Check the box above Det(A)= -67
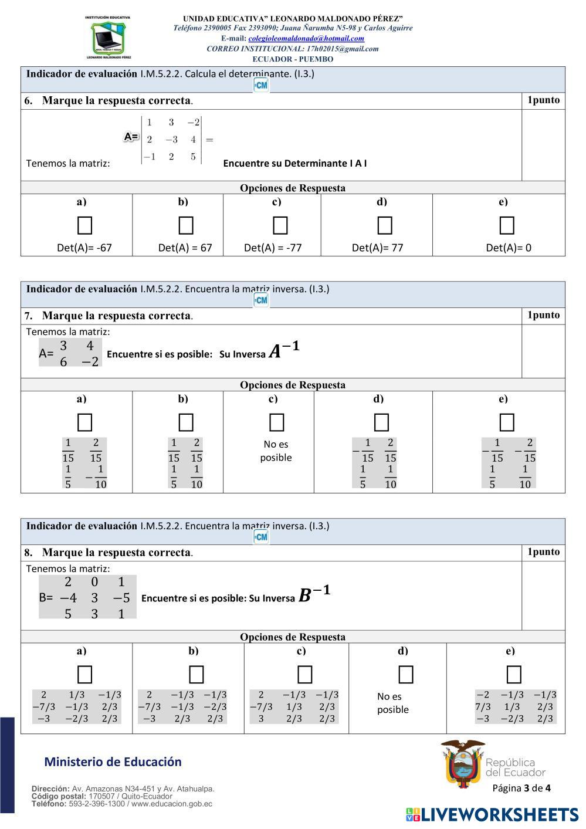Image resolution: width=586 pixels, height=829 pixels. tap(84, 225)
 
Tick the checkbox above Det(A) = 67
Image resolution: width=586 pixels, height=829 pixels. tap(186, 225)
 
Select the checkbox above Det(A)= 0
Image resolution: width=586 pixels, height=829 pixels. tap(507, 225)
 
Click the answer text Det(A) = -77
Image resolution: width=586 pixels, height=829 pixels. tap(273, 248)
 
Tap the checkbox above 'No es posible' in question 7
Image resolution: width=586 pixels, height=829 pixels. tap(276, 422)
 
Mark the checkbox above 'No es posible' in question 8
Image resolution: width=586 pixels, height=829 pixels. tap(405, 675)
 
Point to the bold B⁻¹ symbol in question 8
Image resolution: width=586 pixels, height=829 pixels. tap(314, 594)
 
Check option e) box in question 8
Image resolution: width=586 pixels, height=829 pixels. tap(513, 675)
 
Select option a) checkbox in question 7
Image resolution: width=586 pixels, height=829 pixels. tap(84, 422)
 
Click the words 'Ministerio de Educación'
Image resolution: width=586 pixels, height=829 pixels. tap(113, 762)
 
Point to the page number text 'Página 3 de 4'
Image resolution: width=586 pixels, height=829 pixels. tap(521, 788)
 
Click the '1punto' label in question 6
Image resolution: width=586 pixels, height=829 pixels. tap(543, 100)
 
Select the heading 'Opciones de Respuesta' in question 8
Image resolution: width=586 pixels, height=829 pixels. tap(293, 637)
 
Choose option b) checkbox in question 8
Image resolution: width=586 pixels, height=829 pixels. tap(196, 675)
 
